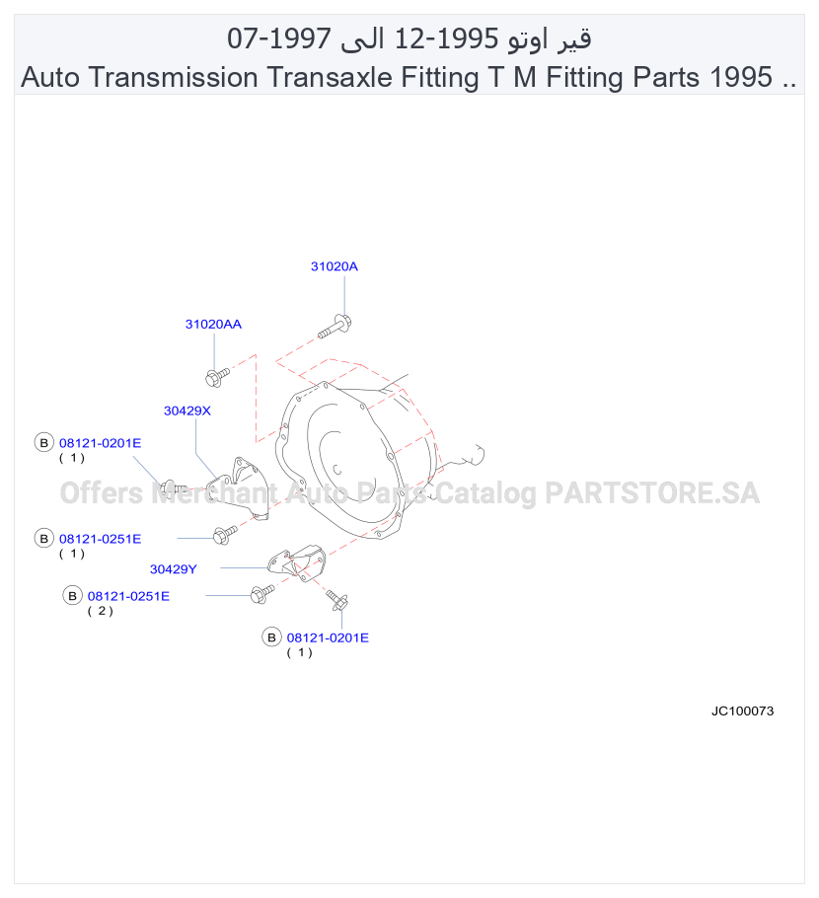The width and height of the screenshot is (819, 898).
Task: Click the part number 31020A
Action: tap(334, 266)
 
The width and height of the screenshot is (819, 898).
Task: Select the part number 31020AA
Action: tap(213, 324)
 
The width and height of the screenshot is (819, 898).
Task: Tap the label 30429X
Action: tap(187, 411)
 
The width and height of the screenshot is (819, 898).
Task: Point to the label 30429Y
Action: tap(173, 569)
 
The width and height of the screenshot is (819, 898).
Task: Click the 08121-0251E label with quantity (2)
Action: tap(128, 596)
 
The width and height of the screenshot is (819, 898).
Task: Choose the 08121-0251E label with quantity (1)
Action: tap(101, 539)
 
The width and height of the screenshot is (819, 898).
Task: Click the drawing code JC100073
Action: tap(742, 711)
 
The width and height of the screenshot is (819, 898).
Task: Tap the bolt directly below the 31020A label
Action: tap(335, 326)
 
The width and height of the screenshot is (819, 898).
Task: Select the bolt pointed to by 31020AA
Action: tap(217, 377)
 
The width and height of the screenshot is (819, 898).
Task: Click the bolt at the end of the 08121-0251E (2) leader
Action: tap(262, 593)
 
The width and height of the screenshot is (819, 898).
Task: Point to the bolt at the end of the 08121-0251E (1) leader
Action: tap(225, 535)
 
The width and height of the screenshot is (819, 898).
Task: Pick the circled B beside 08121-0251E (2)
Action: tap(72, 596)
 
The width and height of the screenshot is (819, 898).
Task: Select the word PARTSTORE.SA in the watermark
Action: tap(652, 493)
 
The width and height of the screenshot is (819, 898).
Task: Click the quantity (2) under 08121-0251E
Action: tap(101, 611)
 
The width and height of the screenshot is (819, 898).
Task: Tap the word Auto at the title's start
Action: tap(50, 77)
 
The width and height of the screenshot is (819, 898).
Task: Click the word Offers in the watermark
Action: tap(102, 493)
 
